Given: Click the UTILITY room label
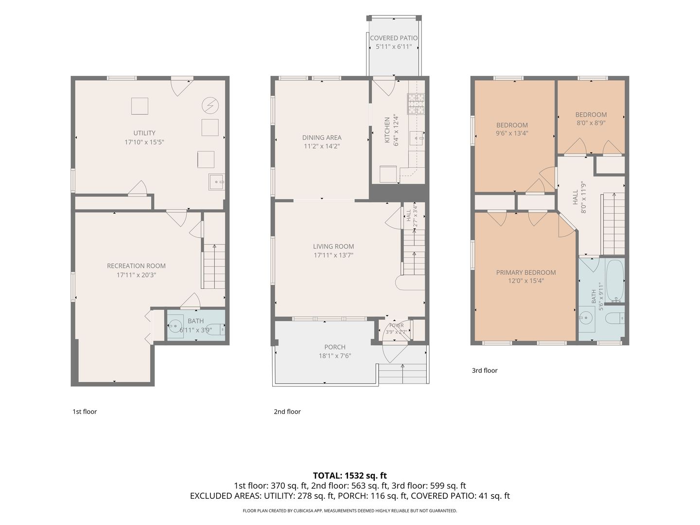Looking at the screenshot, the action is click(144, 133).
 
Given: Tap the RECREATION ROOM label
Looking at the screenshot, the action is click(136, 266).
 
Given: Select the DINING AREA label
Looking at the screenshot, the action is click(322, 138).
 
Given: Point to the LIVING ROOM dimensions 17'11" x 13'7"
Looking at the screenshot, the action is click(333, 255).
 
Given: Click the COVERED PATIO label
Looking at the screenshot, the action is click(394, 38).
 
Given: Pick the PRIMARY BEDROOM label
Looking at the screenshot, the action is click(526, 273).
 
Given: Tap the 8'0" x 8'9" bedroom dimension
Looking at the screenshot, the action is click(591, 122).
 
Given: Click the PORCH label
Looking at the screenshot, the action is click(335, 347).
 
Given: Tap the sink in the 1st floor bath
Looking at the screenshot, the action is click(175, 326).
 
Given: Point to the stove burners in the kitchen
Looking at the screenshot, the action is click(416, 104).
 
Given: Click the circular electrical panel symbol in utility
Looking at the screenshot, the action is click(210, 105).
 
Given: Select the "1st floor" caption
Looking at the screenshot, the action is click(85, 412).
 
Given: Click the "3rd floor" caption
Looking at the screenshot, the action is click(485, 370).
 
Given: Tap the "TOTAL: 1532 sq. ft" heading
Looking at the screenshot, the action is click(350, 475).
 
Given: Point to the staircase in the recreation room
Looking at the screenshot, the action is click(214, 266).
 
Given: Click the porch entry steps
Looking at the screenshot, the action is click(403, 374).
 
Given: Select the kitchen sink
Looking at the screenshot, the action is click(417, 138).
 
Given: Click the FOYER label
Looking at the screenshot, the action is click(396, 326).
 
